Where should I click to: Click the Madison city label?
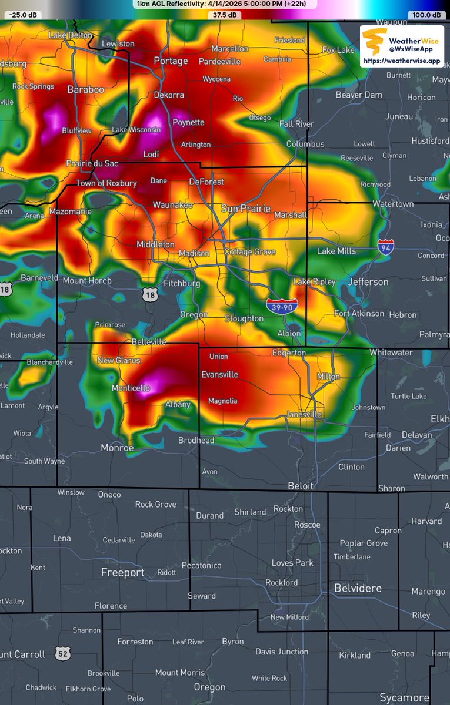[194, 253]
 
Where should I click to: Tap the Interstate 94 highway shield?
[386, 247]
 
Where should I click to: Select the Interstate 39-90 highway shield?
[282, 305]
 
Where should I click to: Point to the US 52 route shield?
[63, 653]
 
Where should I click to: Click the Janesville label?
[304, 414]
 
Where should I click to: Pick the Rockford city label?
[281, 582]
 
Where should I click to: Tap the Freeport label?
[122, 572]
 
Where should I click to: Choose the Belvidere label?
[358, 588]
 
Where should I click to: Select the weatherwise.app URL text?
[402, 61]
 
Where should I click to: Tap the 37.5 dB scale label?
[225, 15]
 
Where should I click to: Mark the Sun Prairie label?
[245, 209]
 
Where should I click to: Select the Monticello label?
[131, 388]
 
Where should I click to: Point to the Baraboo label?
[85, 90]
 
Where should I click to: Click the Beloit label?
[301, 486]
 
